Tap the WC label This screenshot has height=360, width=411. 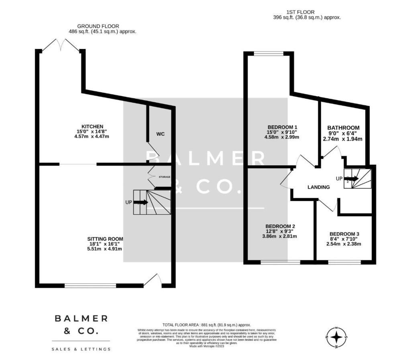click(161, 134)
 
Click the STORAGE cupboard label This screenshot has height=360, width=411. click(164, 177)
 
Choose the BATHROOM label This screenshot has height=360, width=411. click(343, 128)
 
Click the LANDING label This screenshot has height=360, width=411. click(319, 187)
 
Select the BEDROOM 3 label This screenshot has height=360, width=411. click(344, 234)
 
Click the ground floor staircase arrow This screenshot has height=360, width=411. click(140, 202)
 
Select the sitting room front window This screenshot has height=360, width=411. click(90, 286)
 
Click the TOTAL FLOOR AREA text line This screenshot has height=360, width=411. click(206, 325)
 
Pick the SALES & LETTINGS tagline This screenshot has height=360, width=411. click(81, 349)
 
